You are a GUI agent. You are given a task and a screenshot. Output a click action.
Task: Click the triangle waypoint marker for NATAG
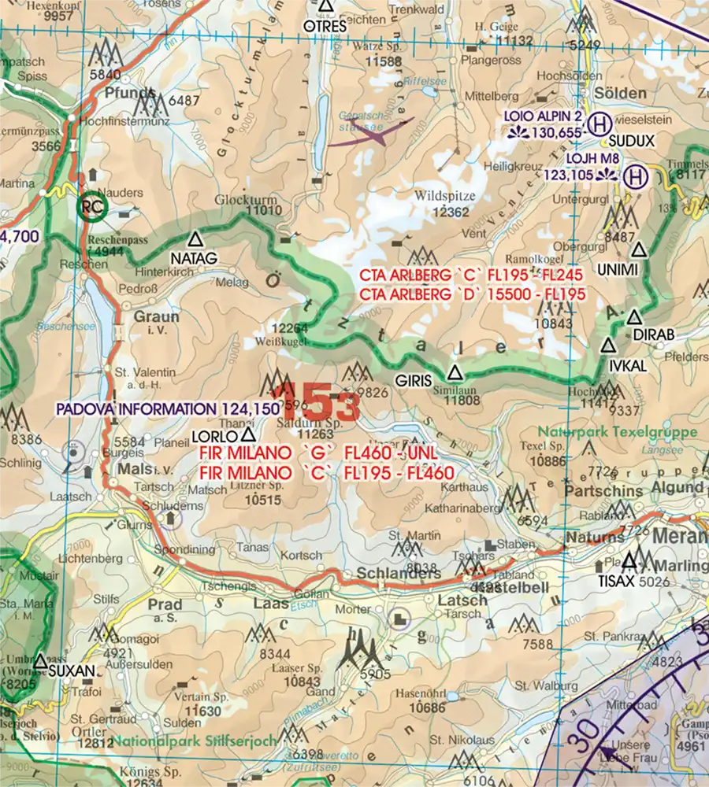pos(195,238)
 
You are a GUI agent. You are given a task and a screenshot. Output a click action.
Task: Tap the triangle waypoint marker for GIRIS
pos(455,372)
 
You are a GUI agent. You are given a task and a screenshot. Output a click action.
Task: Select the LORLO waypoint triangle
pos(248,434)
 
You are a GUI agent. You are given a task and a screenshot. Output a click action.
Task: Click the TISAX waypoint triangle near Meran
pos(629,561)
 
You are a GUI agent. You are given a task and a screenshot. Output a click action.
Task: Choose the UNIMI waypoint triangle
pos(639,250)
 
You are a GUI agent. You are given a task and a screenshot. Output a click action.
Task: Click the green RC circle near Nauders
pos(95,208)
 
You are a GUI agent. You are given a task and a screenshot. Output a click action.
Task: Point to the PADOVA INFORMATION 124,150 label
pos(167,409)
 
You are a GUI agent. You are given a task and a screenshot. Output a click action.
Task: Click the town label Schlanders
pos(399,574)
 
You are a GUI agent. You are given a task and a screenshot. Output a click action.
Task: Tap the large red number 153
pos(319,405)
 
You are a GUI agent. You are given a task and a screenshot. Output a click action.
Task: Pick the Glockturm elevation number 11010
pos(263,210)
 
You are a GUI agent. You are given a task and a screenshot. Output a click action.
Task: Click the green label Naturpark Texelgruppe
pos(618,432)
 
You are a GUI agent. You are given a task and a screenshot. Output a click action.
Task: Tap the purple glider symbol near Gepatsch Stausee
pos(370,133)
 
